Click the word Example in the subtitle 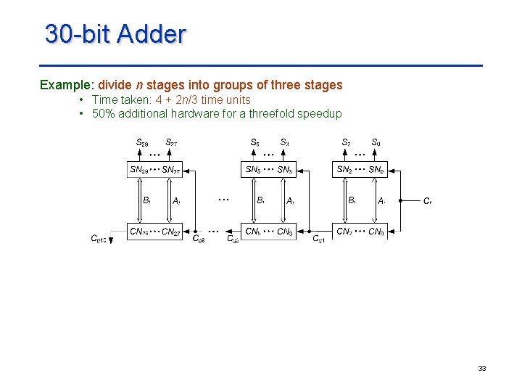(67, 85)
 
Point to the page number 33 (481, 369)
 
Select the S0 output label (376, 143)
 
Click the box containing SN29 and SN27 (155, 170)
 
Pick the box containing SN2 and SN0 (360, 170)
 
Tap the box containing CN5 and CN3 (269, 232)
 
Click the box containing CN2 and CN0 (360, 232)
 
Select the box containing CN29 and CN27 (155, 232)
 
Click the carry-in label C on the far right (428, 201)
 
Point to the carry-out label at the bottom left (98, 238)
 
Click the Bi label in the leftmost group (147, 200)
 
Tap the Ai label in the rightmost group (381, 201)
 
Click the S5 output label (255, 143)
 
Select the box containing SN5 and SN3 (269, 170)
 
